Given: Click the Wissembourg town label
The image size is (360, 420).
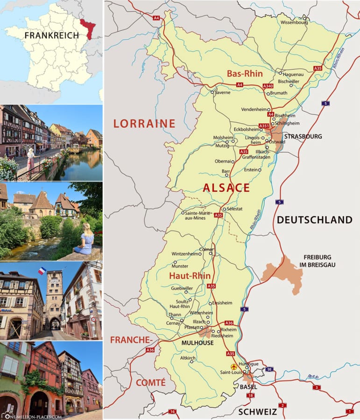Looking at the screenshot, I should click(x=294, y=21).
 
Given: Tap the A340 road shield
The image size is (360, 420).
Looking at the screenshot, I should click(x=268, y=86).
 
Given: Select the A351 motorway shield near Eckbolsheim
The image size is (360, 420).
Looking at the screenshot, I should click(x=265, y=126).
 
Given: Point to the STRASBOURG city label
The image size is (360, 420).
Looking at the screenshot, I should click(x=303, y=136).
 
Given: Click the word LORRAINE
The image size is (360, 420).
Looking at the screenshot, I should click(x=144, y=124).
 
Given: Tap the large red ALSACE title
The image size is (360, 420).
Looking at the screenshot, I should click(x=226, y=188).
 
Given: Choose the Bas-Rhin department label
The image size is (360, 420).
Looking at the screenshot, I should click(x=245, y=74).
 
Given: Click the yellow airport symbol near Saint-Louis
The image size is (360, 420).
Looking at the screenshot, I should click(x=234, y=366).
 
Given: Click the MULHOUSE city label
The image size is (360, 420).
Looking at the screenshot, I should click(x=198, y=343).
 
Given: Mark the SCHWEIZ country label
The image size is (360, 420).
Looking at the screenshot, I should click(x=257, y=412).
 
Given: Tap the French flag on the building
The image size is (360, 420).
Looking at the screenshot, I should click(x=42, y=271).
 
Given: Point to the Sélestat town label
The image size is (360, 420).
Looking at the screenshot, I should click(x=234, y=209).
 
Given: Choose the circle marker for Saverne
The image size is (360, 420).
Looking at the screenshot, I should click(x=212, y=92).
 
